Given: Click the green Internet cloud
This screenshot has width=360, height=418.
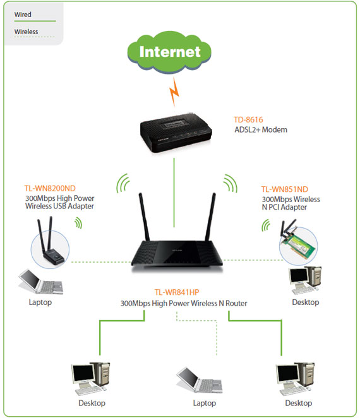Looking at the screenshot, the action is (169, 52).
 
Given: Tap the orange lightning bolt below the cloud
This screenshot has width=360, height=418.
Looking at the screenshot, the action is (174, 92).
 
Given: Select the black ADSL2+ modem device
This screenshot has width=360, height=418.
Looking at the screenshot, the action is (176, 133).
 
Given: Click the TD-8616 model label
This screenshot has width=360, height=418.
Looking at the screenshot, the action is (248, 120).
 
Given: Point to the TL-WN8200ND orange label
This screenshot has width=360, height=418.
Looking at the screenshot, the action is (50, 188).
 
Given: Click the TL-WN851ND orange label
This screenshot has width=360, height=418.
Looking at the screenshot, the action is (285, 189).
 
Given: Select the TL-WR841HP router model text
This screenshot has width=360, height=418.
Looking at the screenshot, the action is (177, 292).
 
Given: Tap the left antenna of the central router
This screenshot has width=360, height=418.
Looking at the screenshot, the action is (144, 217).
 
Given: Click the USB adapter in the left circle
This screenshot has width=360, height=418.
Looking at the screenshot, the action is (50, 242).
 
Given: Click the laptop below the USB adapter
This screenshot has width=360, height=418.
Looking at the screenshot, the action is (41, 282).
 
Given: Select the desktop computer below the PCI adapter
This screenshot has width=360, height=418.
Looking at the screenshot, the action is (305, 280).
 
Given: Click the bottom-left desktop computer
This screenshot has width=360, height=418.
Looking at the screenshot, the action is (90, 379).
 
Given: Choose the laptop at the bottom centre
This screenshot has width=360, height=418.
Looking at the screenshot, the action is (200, 380).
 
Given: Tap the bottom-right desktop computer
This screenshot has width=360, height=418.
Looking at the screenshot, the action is (295, 379).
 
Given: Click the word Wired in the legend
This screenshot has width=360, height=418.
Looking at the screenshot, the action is (23, 15).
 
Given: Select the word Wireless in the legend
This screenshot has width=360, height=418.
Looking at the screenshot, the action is (26, 32).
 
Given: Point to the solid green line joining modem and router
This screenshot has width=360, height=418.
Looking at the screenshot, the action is (174, 193).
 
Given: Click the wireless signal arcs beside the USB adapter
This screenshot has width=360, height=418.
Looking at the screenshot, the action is (78, 223).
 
